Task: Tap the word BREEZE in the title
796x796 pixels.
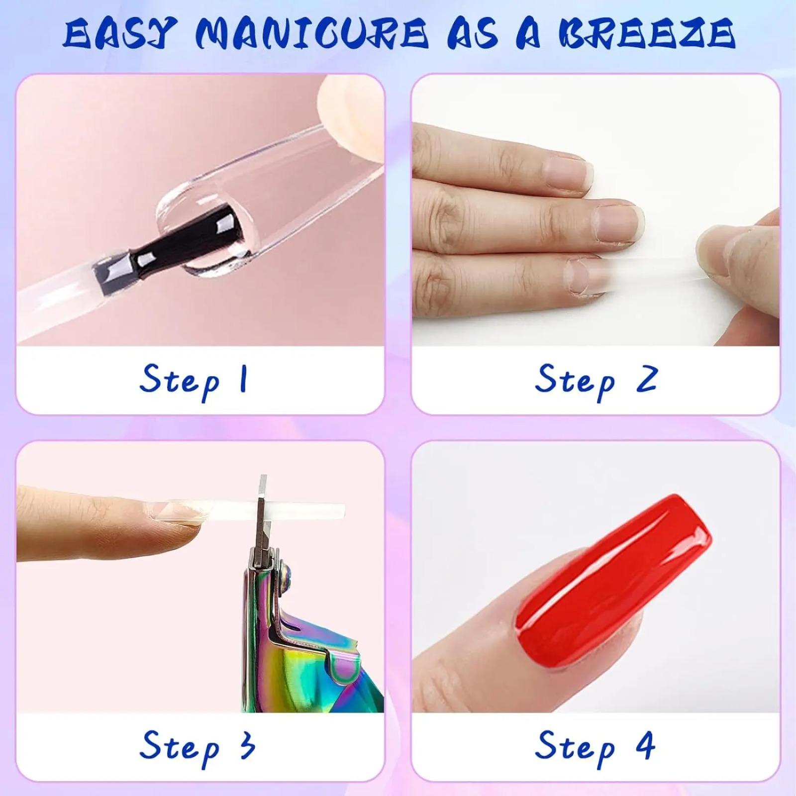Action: point(646,34)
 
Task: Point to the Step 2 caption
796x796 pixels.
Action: point(596,381)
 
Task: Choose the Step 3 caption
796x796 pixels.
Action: point(197,746)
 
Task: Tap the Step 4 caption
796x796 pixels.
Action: point(595,746)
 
